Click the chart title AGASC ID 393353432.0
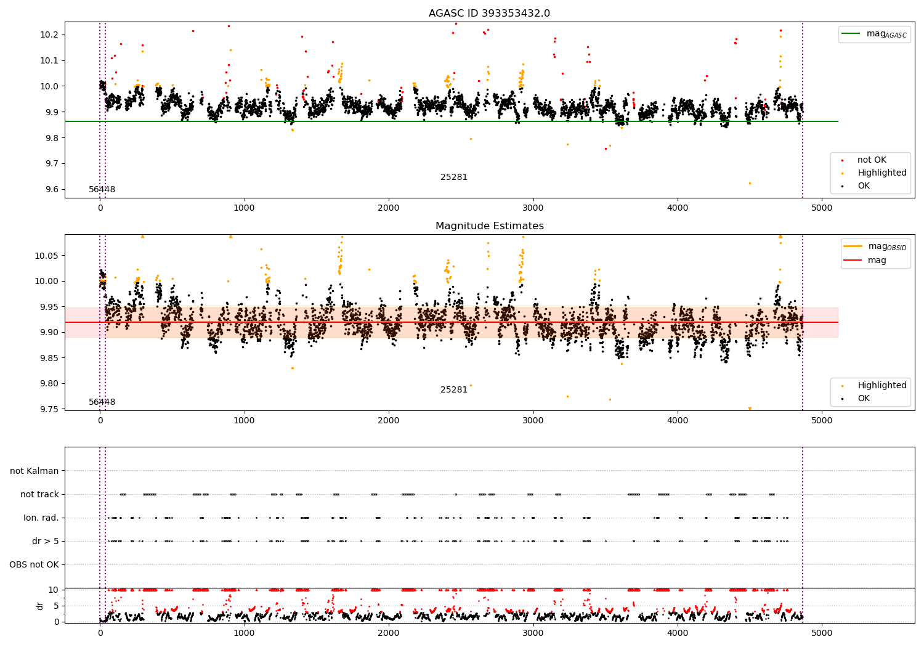pos(489,14)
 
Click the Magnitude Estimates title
pos(489,226)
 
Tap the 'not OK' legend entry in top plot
pos(872,160)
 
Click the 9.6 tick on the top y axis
pos(52,189)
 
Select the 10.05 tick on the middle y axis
pos(50,256)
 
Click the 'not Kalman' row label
pos(34,471)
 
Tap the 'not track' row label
pos(39,494)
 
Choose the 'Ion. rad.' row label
pos(41,518)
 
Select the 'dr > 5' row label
pos(45,541)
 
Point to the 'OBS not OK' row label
pos(34,564)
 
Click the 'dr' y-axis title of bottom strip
pos(40,606)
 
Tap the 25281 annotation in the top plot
pos(453,177)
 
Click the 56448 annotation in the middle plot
pos(102,402)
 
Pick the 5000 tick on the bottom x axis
pos(822,633)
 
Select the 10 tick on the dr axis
pos(54,590)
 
